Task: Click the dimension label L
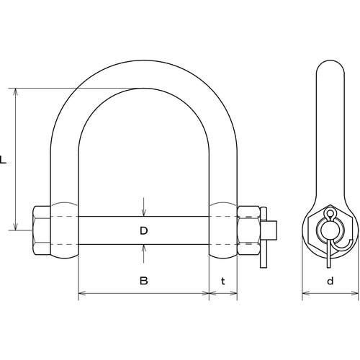pos(3,160)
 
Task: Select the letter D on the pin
pos(143,230)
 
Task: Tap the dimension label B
pos(143,280)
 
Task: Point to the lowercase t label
pos(223,281)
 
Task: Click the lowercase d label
pos(330,280)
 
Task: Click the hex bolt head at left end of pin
pos(41,230)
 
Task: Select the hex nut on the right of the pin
pos(248,230)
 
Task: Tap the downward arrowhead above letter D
pos(143,212)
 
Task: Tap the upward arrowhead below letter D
pos(143,248)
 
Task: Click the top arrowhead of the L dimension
pos(16,92)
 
